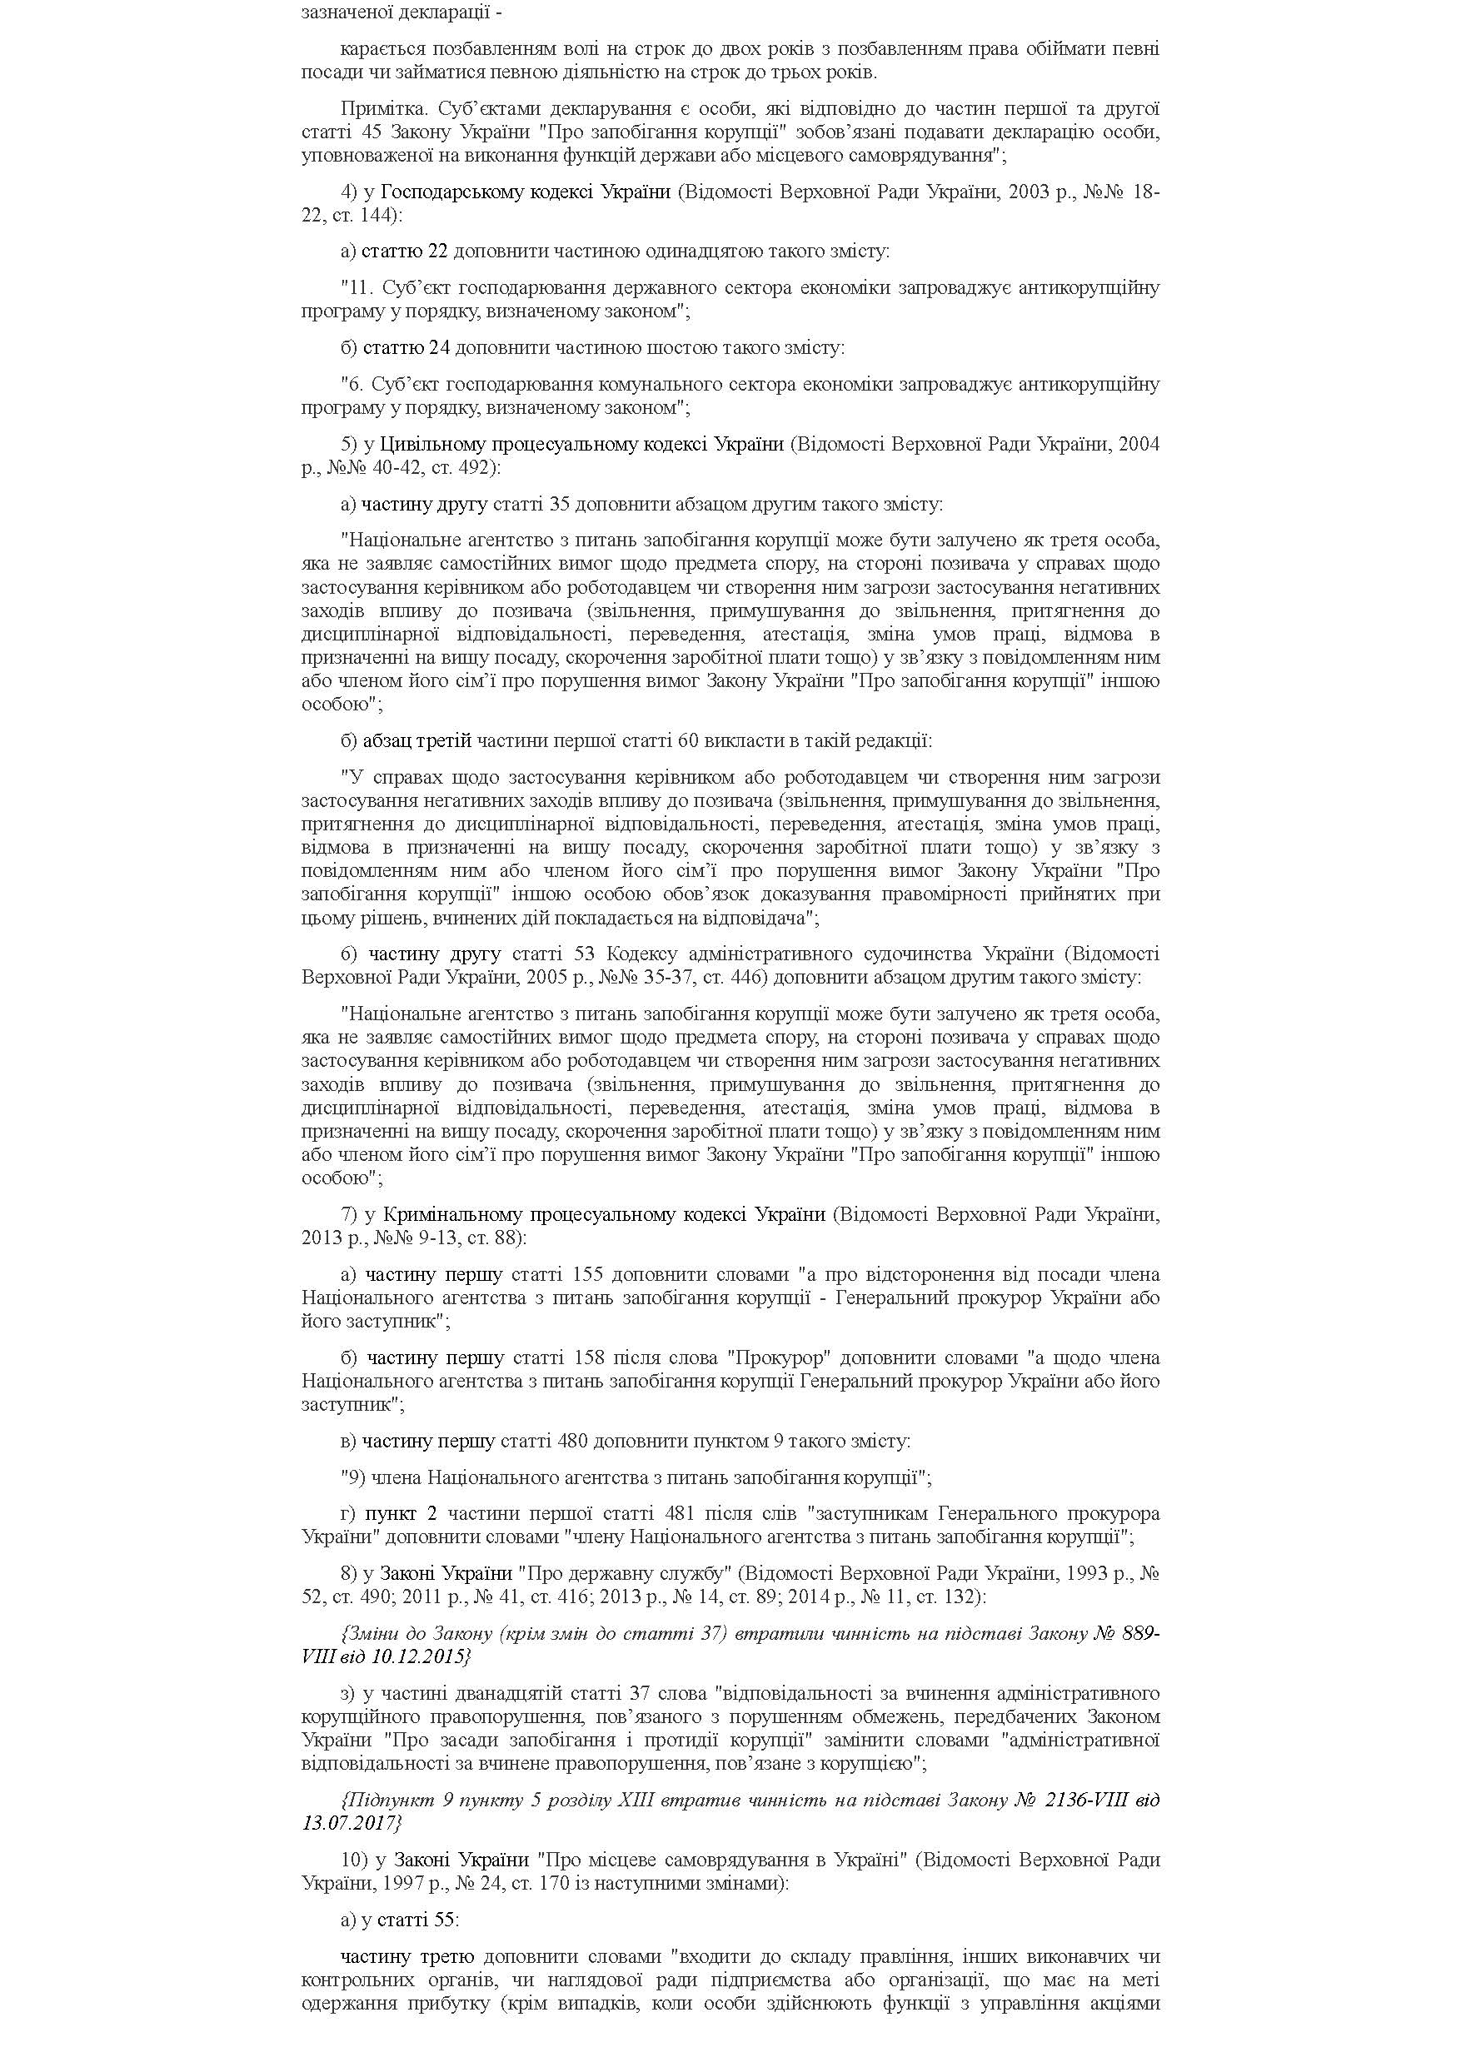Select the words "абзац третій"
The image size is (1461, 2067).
(416, 741)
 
